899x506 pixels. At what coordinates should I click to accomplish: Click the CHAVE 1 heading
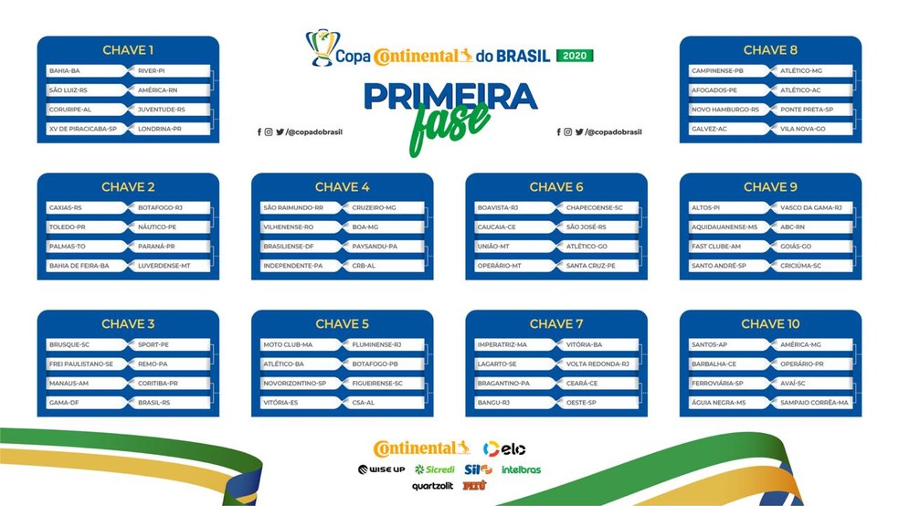(128, 50)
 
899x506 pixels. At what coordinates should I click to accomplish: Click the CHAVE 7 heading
(556, 323)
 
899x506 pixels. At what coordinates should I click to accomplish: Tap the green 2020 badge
(575, 56)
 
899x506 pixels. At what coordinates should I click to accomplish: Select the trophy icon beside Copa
(322, 48)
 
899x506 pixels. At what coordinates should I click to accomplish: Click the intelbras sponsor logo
(521, 469)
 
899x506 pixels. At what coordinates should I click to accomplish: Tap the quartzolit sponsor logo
(432, 486)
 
